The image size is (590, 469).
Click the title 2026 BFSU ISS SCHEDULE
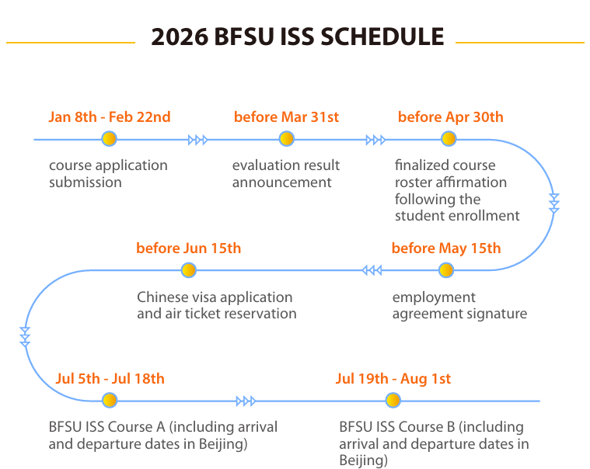297,36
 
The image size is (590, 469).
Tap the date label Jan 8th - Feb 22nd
110,117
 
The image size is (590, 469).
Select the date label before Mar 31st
286,117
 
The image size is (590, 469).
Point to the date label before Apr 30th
450,117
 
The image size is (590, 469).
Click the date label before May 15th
446,248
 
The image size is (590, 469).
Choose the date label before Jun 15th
188,248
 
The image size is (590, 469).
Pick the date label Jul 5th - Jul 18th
110,379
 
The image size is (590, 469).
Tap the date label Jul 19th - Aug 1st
393,379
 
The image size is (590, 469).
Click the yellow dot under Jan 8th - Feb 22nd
109,140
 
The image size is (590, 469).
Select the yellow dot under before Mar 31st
287,140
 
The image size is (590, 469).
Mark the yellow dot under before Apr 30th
449,140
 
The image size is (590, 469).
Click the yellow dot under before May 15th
445,270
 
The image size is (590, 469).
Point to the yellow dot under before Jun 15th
188,270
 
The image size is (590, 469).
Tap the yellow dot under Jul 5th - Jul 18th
110,401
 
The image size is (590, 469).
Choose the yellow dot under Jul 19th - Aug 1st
393,401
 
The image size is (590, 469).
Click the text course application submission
108,174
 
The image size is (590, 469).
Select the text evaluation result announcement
286,174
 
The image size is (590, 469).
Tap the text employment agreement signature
459,305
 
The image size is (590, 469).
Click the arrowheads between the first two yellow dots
198,140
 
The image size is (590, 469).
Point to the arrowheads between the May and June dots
372,270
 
